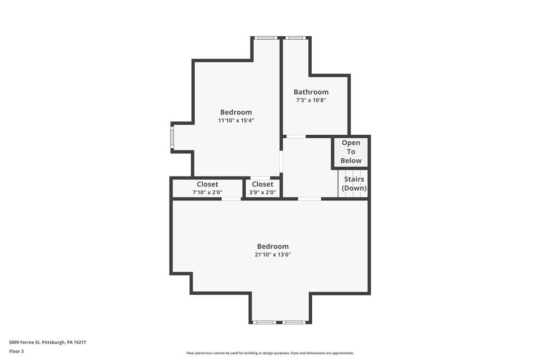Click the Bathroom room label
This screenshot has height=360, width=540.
tap(311, 92)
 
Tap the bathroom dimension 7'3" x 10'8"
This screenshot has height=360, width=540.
tap(311, 100)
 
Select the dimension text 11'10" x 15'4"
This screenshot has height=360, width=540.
tap(236, 120)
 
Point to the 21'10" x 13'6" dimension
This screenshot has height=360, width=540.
tap(273, 255)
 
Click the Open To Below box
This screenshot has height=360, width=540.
tap(351, 152)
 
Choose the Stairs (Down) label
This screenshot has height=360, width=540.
tap(354, 183)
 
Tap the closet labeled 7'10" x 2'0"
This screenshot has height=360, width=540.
tap(207, 188)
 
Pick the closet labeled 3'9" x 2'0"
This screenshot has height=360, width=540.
tap(263, 188)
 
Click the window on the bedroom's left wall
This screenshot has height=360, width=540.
tap(172, 137)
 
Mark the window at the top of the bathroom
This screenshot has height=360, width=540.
tap(295, 38)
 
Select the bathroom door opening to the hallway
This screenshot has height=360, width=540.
tap(296, 136)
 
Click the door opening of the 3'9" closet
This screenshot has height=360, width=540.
tap(261, 178)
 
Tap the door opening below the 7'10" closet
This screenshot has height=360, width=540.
tap(231, 199)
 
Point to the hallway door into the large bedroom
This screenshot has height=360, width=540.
tap(309, 199)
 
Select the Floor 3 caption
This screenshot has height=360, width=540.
tap(16, 352)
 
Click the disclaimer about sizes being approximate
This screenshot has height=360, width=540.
tap(270, 353)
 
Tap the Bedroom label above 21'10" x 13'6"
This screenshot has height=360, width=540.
tap(273, 246)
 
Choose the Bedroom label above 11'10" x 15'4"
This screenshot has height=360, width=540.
tap(236, 112)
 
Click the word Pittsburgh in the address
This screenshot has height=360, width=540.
tap(53, 343)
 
